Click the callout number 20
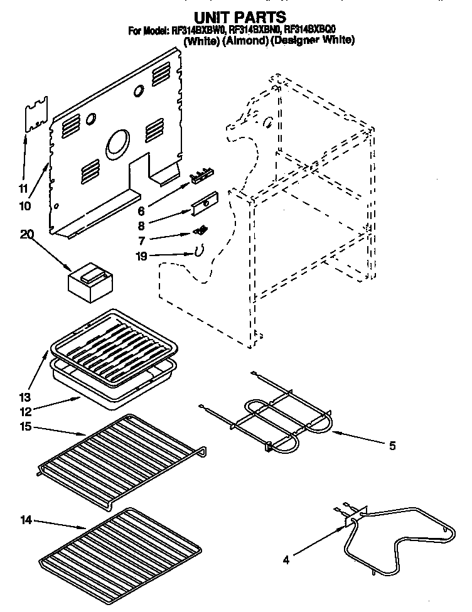tap(26, 234)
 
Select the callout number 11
tap(23, 188)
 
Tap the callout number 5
tap(392, 446)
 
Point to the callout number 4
tap(286, 561)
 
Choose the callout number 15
tap(24, 428)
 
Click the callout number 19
tap(142, 256)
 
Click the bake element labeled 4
tap(389, 534)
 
